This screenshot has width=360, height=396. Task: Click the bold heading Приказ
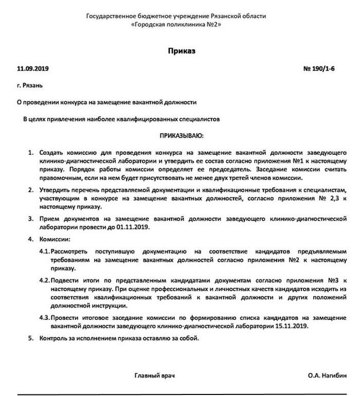(x=180, y=50)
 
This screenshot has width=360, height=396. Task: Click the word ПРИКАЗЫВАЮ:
(x=180, y=136)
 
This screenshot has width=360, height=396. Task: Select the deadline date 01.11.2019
(x=121, y=226)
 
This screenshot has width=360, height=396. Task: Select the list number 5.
(x=31, y=339)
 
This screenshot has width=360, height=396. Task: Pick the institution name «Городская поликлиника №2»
(x=180, y=25)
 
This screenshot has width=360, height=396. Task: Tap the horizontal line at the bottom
(x=180, y=394)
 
